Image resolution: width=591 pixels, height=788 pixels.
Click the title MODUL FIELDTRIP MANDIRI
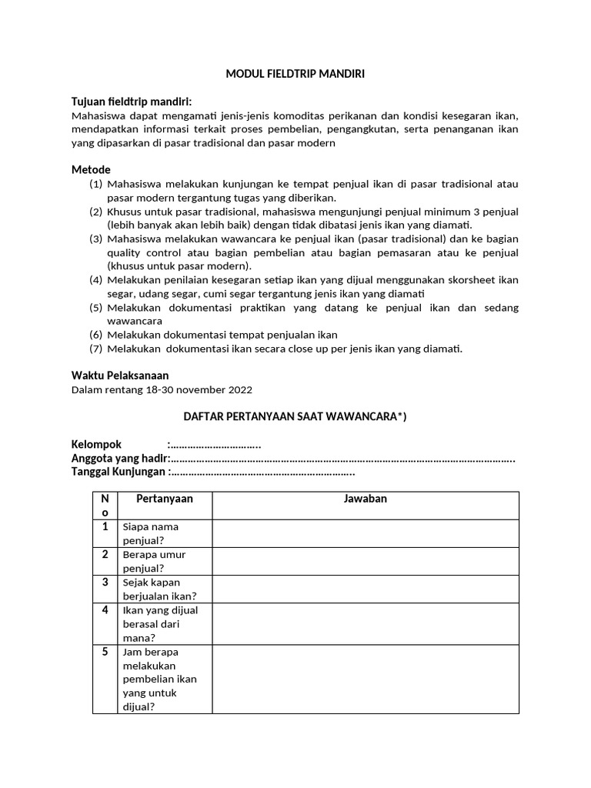pos(295,75)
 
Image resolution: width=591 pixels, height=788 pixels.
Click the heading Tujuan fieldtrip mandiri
pos(132,102)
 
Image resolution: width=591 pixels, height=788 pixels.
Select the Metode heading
pos(91,169)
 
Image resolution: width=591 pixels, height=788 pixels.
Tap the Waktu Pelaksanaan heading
pos(119,376)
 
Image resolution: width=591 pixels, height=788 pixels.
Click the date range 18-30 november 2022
pos(199,389)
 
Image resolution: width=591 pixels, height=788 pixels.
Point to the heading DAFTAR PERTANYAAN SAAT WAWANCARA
pos(294,417)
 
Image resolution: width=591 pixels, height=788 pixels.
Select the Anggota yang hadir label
pos(119,459)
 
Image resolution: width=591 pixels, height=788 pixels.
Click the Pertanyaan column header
pos(164,499)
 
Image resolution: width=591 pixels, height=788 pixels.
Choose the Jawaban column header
pos(365,499)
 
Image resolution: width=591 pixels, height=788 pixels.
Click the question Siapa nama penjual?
pos(150,533)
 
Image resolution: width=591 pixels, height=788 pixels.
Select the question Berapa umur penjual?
pos(154,561)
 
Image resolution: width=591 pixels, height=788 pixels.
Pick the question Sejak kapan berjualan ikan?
pos(159,589)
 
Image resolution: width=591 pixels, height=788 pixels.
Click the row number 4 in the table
pos(105,610)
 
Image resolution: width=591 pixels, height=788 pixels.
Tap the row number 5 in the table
pos(105,652)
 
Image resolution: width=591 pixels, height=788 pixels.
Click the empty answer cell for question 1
pos(365,533)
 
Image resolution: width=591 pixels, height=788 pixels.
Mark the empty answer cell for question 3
pos(365,589)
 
